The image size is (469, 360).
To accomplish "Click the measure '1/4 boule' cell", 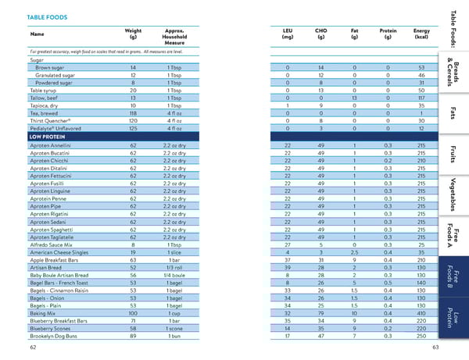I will tap(174, 275).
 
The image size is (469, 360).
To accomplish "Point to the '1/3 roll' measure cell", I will tap(174, 267).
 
